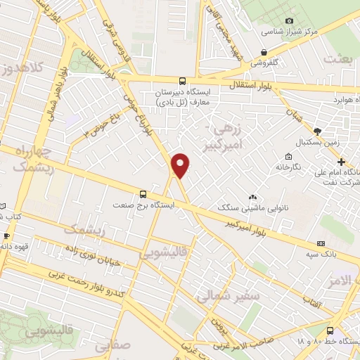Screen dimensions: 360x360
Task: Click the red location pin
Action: point(181,165)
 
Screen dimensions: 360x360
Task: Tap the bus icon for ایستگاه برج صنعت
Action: point(143,193)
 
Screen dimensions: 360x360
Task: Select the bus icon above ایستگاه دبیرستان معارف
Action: point(183,81)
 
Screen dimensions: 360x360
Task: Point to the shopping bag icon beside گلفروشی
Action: point(264,51)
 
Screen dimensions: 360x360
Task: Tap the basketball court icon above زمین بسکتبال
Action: point(317,131)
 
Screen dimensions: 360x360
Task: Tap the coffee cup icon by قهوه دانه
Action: point(6,236)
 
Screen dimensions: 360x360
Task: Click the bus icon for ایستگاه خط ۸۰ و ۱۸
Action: point(330,330)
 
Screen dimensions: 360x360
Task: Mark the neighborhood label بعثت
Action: point(337,60)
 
